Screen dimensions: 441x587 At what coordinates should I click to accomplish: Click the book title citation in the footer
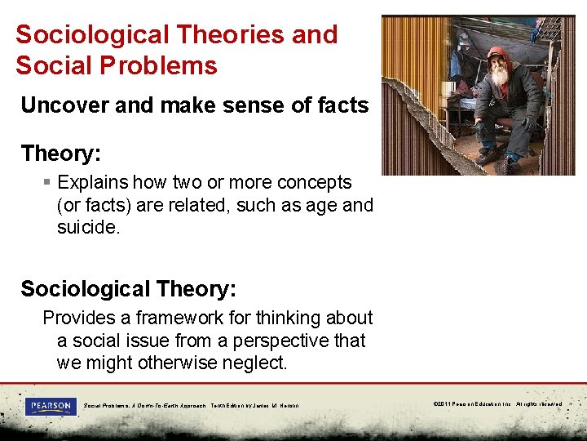click(x=191, y=406)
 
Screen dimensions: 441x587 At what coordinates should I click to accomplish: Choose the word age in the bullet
click(x=321, y=205)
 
